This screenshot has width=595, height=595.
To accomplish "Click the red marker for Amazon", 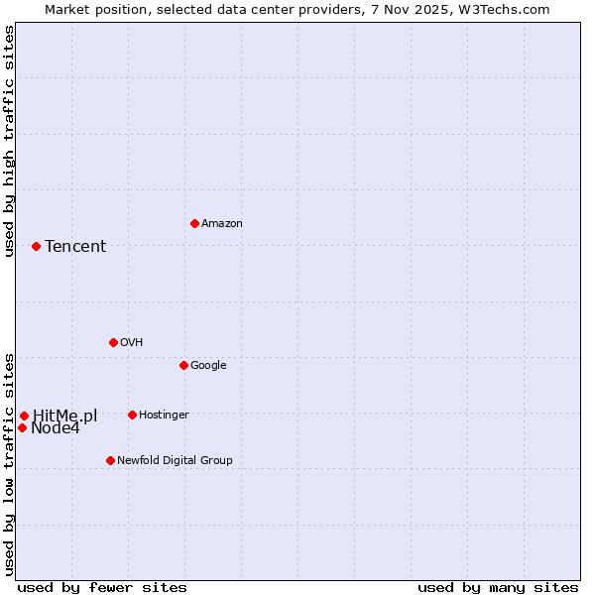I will point(194,223).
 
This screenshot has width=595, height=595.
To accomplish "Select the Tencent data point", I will point(36,246).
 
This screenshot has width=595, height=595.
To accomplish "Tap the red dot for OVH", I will point(113,342).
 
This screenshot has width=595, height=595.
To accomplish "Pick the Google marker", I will point(183,365).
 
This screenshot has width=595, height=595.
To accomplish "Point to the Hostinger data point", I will point(132,415).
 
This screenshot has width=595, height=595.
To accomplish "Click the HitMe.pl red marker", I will point(24,416).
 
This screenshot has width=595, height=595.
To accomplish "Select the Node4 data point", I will point(22,427).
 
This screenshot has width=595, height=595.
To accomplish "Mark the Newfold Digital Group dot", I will point(110,460).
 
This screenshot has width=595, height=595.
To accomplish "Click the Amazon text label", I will point(222,224).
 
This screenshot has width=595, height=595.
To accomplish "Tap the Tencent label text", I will point(75,247).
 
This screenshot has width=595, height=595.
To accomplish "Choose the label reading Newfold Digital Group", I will point(175,460).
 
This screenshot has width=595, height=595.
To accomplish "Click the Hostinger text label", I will point(164,415).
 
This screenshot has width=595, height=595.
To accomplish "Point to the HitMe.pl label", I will point(64,416).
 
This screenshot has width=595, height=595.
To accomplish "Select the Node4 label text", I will point(55,428).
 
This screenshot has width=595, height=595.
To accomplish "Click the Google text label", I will point(208,365).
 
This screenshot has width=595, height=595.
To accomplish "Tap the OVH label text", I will point(131,342).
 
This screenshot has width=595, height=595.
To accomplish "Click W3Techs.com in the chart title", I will point(508,9).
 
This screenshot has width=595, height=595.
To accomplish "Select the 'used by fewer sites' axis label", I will point(102,587).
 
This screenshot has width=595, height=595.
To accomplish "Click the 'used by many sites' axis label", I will point(498,587).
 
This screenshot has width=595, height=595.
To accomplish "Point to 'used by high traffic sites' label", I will point(9,141).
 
